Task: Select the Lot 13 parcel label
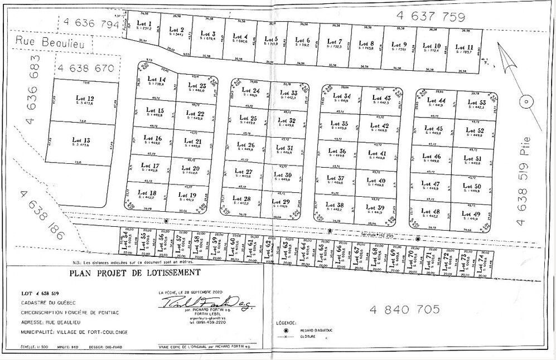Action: (x=82, y=140)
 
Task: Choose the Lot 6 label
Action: (x=303, y=40)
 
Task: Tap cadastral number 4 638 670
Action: (x=88, y=69)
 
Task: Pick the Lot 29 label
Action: (x=283, y=202)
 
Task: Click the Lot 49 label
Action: (x=471, y=214)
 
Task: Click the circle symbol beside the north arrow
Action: (x=524, y=101)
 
